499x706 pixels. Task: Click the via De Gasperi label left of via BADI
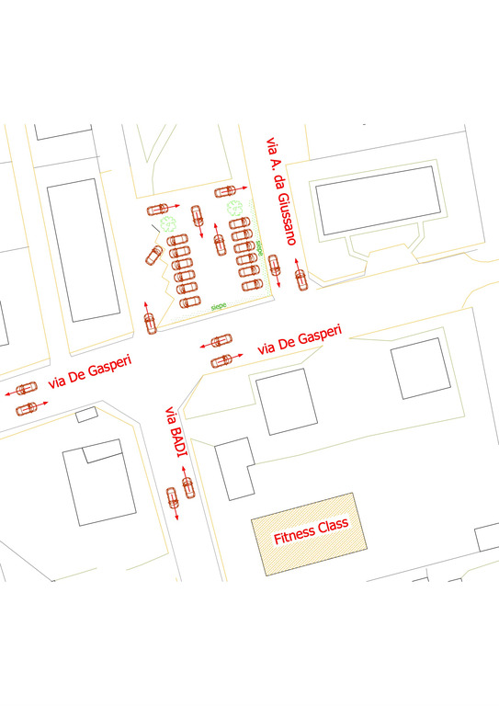pos(90,374)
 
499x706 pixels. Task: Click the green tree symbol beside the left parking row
pos(168,223)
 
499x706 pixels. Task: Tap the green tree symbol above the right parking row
pos(235,208)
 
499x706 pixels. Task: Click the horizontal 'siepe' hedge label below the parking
pos(219,305)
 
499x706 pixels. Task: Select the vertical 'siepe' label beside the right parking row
pos(260,246)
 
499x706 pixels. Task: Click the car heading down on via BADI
pos(172,498)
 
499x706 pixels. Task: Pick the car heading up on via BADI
pos(188,487)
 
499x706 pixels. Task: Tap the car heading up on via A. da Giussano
pos(300,278)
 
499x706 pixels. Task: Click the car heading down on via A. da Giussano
pos(274,266)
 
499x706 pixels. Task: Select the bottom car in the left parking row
pos(189,302)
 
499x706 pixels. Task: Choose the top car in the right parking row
pos(239,222)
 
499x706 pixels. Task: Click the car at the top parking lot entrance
pos(225,191)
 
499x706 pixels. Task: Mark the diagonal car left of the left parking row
pos(153,255)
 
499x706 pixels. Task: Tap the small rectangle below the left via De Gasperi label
pos(86,415)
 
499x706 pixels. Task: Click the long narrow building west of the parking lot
pos(84,250)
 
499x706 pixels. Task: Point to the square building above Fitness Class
pos(285,402)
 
